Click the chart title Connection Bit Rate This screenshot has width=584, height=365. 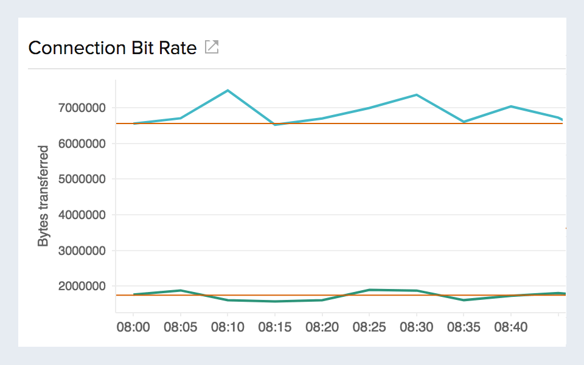(113, 48)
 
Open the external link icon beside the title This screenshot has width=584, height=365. (211, 47)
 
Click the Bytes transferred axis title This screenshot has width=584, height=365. (43, 196)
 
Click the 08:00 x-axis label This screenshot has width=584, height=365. (133, 328)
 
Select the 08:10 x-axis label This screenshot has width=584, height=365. (228, 328)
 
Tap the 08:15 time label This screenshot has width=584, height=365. (275, 328)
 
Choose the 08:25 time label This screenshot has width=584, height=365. (369, 328)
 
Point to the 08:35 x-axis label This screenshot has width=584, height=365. (464, 328)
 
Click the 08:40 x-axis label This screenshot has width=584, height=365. (511, 328)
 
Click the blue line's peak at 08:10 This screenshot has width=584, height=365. (228, 91)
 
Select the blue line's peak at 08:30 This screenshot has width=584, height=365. (416, 95)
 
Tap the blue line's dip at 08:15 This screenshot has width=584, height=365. (275, 125)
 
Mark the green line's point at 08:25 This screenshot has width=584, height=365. (369, 290)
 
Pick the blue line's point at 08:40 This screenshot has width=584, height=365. (511, 106)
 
